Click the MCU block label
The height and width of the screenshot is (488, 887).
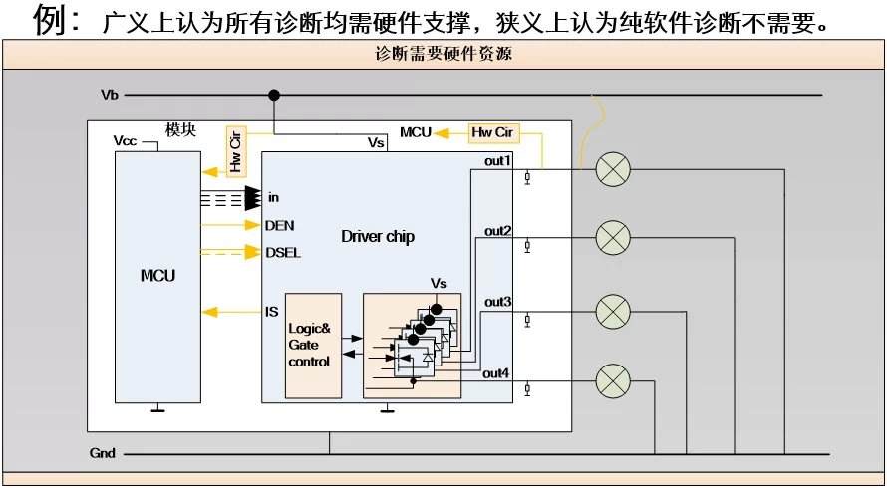point(157,275)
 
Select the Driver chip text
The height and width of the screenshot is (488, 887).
point(378,236)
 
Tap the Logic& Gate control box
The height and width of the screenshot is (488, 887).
point(313,346)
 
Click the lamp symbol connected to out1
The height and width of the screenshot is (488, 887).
point(613,170)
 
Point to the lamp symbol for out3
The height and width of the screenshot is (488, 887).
point(613,311)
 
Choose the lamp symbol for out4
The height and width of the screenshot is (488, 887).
point(613,379)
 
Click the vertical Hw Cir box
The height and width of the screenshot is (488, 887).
point(235,151)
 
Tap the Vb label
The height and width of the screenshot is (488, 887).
point(110,95)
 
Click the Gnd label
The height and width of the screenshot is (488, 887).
point(103,453)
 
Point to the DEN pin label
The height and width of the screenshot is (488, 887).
point(279,225)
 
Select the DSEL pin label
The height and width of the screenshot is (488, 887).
point(283,252)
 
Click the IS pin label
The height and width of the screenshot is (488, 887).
point(271,312)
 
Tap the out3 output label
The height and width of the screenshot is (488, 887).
point(498,301)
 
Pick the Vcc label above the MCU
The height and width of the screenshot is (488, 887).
point(126,141)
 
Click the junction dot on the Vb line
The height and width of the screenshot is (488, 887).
point(274,95)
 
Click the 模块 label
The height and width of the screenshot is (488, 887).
point(180,130)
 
